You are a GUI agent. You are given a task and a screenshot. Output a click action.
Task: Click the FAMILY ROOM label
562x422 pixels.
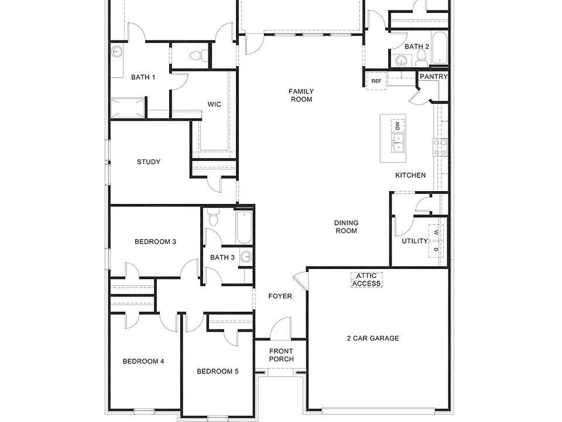point(301,95)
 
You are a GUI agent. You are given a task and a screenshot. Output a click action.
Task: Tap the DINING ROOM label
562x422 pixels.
point(346,227)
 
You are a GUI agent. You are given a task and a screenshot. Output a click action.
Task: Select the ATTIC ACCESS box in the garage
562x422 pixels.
point(366,280)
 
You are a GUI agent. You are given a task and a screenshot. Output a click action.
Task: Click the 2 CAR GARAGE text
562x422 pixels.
point(372,338)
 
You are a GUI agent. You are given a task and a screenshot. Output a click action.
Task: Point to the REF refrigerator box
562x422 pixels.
point(376,81)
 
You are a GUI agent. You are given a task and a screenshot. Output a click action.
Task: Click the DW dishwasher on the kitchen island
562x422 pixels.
point(397,125)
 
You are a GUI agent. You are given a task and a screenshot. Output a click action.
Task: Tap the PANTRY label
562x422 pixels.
point(434,77)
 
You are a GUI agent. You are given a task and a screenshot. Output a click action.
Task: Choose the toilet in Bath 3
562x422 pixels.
point(213,219)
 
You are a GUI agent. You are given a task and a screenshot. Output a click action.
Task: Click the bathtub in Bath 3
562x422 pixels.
point(244,227)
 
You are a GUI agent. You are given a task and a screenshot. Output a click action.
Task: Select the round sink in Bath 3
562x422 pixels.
point(246,257)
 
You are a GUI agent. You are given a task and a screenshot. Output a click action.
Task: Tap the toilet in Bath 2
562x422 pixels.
point(421,57)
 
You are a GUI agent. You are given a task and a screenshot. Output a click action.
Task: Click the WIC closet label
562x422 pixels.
point(214,105)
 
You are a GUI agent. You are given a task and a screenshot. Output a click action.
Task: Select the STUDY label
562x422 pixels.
point(149,162)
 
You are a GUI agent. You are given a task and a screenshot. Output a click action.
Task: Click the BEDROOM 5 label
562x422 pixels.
point(217,371)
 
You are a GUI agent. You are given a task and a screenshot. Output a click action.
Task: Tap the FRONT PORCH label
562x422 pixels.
point(281,355)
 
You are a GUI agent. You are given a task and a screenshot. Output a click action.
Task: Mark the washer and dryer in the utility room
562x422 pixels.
point(436,240)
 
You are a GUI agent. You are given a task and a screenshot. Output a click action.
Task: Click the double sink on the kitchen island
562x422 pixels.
point(398,142)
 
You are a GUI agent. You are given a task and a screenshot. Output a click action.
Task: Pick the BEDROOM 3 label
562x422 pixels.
point(156,241)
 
